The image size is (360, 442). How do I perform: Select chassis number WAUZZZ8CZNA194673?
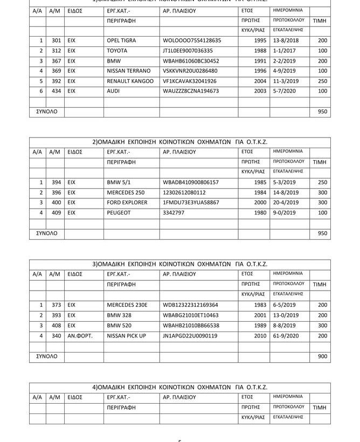tap(191, 92)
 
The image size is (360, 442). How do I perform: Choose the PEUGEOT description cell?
tap(119, 213)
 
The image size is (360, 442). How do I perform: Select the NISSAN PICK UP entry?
tap(127, 336)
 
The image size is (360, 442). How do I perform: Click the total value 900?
tap(322, 356)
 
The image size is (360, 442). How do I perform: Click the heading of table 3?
tap(180, 264)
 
